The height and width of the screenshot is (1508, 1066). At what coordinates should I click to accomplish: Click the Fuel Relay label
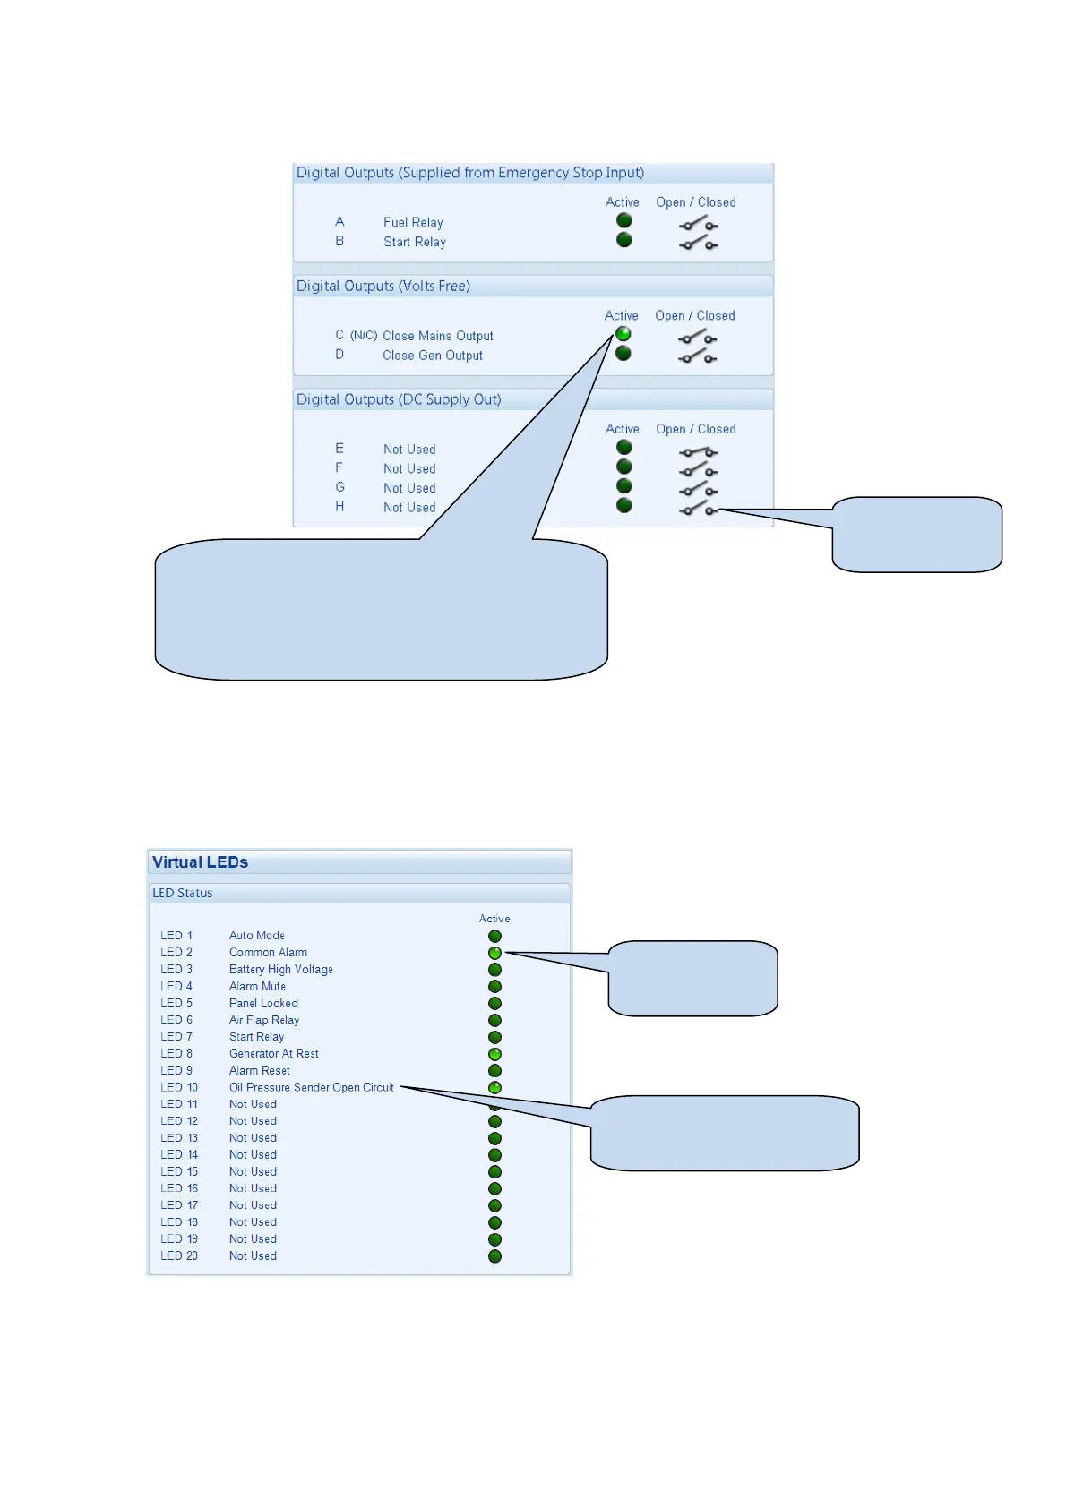[x=413, y=223]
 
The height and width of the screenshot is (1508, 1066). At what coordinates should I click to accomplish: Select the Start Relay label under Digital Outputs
[x=414, y=242]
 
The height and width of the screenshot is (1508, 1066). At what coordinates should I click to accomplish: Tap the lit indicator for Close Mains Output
[x=623, y=334]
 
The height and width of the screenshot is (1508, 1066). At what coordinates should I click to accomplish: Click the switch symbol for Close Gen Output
[x=698, y=356]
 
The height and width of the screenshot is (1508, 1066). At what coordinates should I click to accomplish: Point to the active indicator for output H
[x=624, y=506]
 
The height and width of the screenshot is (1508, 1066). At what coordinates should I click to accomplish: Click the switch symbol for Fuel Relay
[x=698, y=224]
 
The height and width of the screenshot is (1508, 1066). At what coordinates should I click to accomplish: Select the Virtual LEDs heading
[x=200, y=862]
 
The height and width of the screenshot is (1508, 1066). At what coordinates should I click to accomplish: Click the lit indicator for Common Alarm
[x=494, y=953]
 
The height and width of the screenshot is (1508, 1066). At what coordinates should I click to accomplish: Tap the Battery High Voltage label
[x=280, y=970]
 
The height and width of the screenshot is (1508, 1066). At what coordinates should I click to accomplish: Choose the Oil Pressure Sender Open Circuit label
[x=311, y=1088]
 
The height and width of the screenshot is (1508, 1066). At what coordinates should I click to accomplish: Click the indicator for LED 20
[x=494, y=1256]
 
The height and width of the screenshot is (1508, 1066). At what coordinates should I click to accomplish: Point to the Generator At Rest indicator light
[x=494, y=1054]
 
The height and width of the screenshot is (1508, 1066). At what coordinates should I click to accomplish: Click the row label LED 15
[x=179, y=1172]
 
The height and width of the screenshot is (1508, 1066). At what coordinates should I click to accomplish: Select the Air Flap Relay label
[x=263, y=1020]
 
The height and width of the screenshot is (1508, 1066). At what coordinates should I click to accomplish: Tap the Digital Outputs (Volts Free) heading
[x=383, y=287]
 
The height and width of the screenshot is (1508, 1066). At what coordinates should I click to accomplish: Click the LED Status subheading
[x=183, y=894]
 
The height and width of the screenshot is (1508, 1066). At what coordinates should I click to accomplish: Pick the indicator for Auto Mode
[x=494, y=937]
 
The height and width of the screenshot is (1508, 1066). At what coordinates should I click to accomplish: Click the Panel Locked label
[x=263, y=1004]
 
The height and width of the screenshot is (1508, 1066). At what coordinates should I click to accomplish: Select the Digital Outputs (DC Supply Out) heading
[x=399, y=399]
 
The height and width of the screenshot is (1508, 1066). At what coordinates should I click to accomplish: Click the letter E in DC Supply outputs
[x=340, y=449]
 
